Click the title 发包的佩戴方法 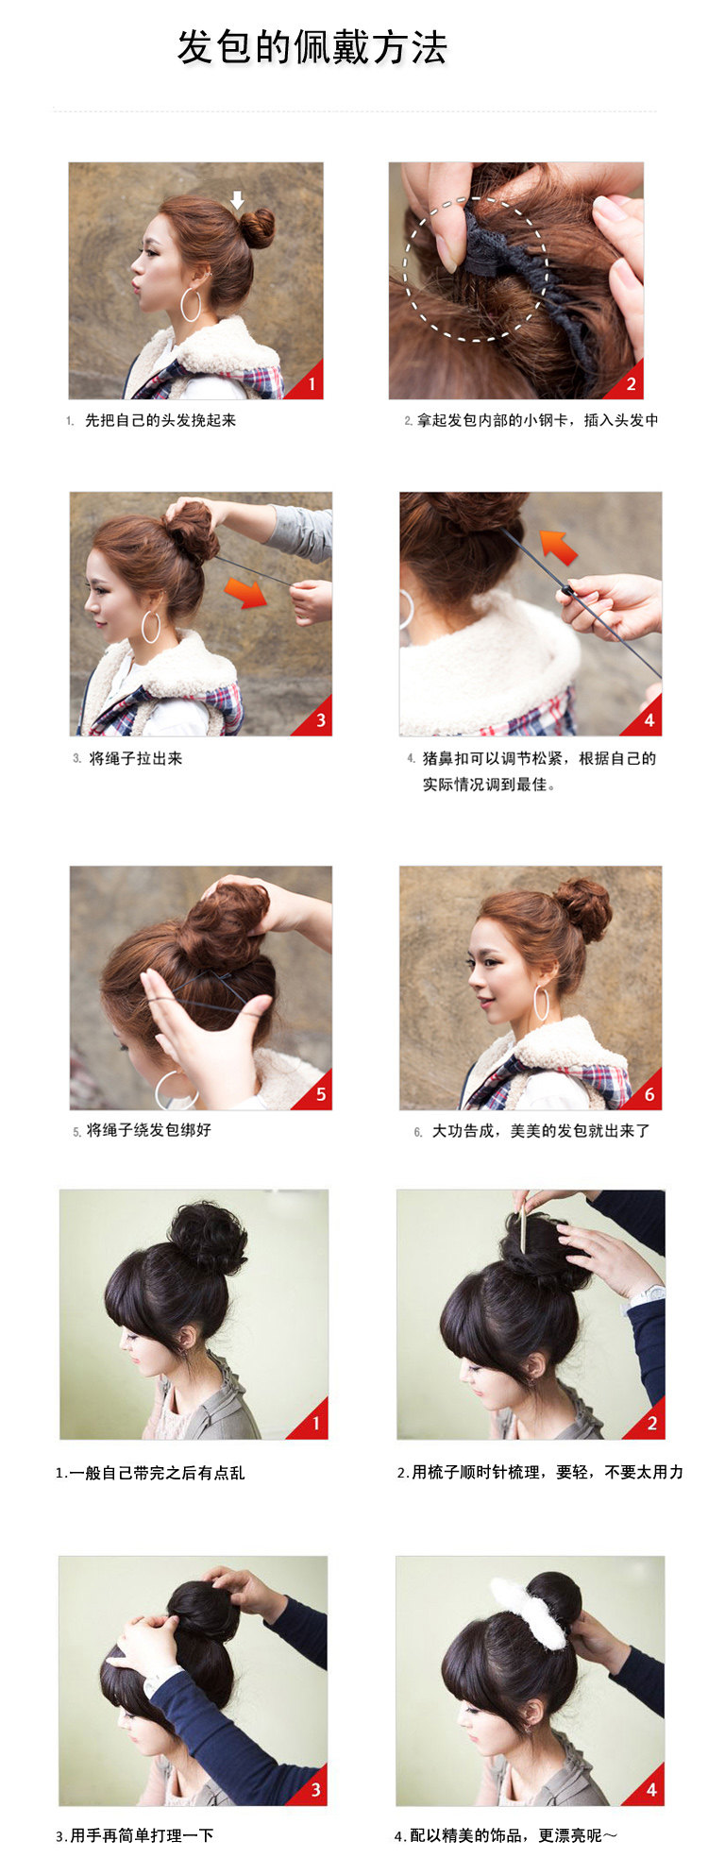[x=312, y=47]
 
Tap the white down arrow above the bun [x=238, y=199]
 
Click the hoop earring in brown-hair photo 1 [x=191, y=304]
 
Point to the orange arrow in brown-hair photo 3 [x=245, y=593]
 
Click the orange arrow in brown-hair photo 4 [x=558, y=547]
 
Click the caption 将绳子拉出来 [x=135, y=758]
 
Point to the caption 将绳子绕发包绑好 [x=148, y=1129]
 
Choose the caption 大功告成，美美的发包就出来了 [x=541, y=1130]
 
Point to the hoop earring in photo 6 [x=542, y=1004]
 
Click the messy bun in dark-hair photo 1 [x=209, y=1236]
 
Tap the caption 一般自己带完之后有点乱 [x=157, y=1473]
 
